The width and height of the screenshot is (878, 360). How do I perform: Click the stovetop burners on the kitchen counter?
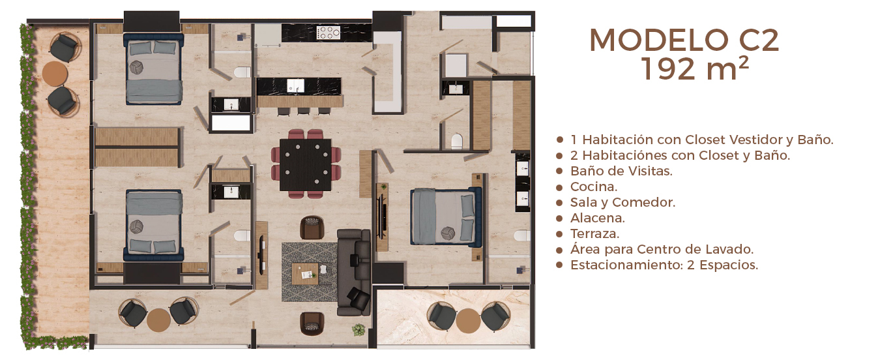(329, 33)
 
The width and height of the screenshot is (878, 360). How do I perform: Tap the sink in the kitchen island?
(295, 85)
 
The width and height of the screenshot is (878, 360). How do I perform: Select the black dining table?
(306, 165)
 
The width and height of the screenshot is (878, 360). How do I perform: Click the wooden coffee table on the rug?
(305, 274)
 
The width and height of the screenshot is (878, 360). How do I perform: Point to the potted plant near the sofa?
(359, 329)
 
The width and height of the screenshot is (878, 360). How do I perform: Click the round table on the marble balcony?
(468, 320)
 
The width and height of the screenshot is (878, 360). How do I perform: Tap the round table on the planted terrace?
(55, 73)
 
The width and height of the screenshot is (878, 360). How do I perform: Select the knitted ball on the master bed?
(447, 233)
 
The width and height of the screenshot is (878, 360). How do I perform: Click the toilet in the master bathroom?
(521, 235)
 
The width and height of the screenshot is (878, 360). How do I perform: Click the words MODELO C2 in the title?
(684, 40)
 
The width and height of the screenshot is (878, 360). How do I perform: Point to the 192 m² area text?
(695, 69)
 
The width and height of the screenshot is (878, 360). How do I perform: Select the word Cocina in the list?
(593, 187)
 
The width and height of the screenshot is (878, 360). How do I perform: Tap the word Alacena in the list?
(597, 218)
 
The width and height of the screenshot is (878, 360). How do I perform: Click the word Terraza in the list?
(594, 233)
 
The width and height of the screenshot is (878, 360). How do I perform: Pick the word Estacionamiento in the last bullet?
(626, 265)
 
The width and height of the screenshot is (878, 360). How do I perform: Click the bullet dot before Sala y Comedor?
(559, 203)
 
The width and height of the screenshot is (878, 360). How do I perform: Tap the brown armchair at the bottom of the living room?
(312, 323)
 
